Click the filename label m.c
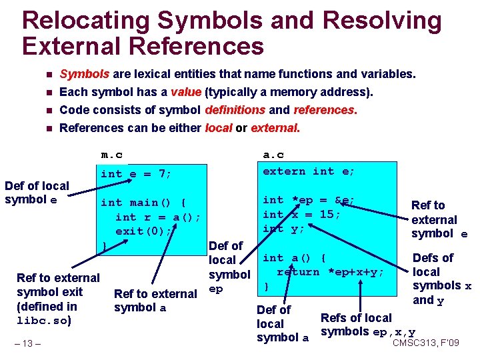tap(111, 155)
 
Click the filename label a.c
tap(274, 155)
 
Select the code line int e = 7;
tap(136, 174)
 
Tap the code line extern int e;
tap(309, 171)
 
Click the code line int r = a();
tap(158, 217)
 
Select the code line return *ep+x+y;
tap(331, 271)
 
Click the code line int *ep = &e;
tap(309, 200)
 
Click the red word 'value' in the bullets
tap(186, 92)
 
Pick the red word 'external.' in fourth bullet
tap(275, 127)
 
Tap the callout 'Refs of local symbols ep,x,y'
tap(368, 325)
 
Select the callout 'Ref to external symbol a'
tap(155, 301)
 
